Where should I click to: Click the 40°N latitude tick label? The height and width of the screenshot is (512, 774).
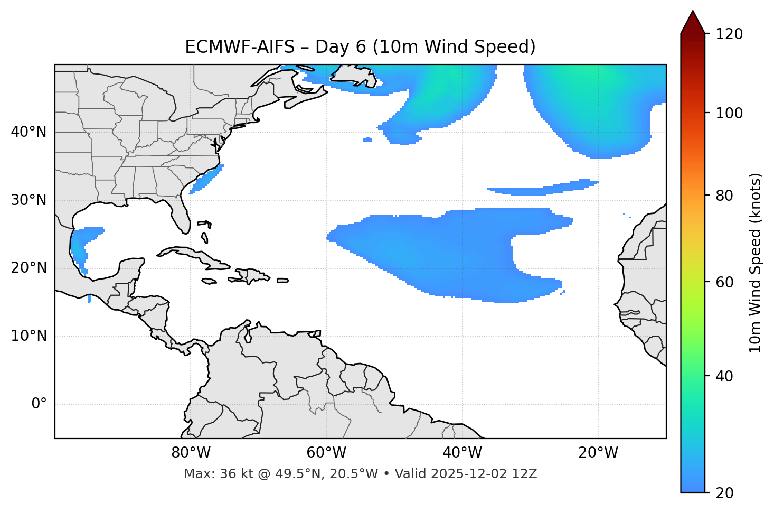coord(29,132)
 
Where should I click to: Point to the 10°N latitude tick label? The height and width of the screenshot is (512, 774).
coord(29,336)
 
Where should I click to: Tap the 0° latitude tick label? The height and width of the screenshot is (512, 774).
coord(39,404)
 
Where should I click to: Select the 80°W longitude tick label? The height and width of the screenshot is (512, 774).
coord(191,453)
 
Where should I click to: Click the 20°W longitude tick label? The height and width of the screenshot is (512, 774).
coord(598,453)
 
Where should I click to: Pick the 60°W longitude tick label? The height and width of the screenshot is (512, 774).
coord(326,453)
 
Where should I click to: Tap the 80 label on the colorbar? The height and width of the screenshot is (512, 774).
coord(728,196)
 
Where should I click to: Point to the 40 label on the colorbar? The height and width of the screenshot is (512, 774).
coord(728,376)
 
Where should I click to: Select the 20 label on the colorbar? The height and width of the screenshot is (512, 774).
coord(728,493)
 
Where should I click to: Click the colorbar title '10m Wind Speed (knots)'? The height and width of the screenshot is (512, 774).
coord(756,263)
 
